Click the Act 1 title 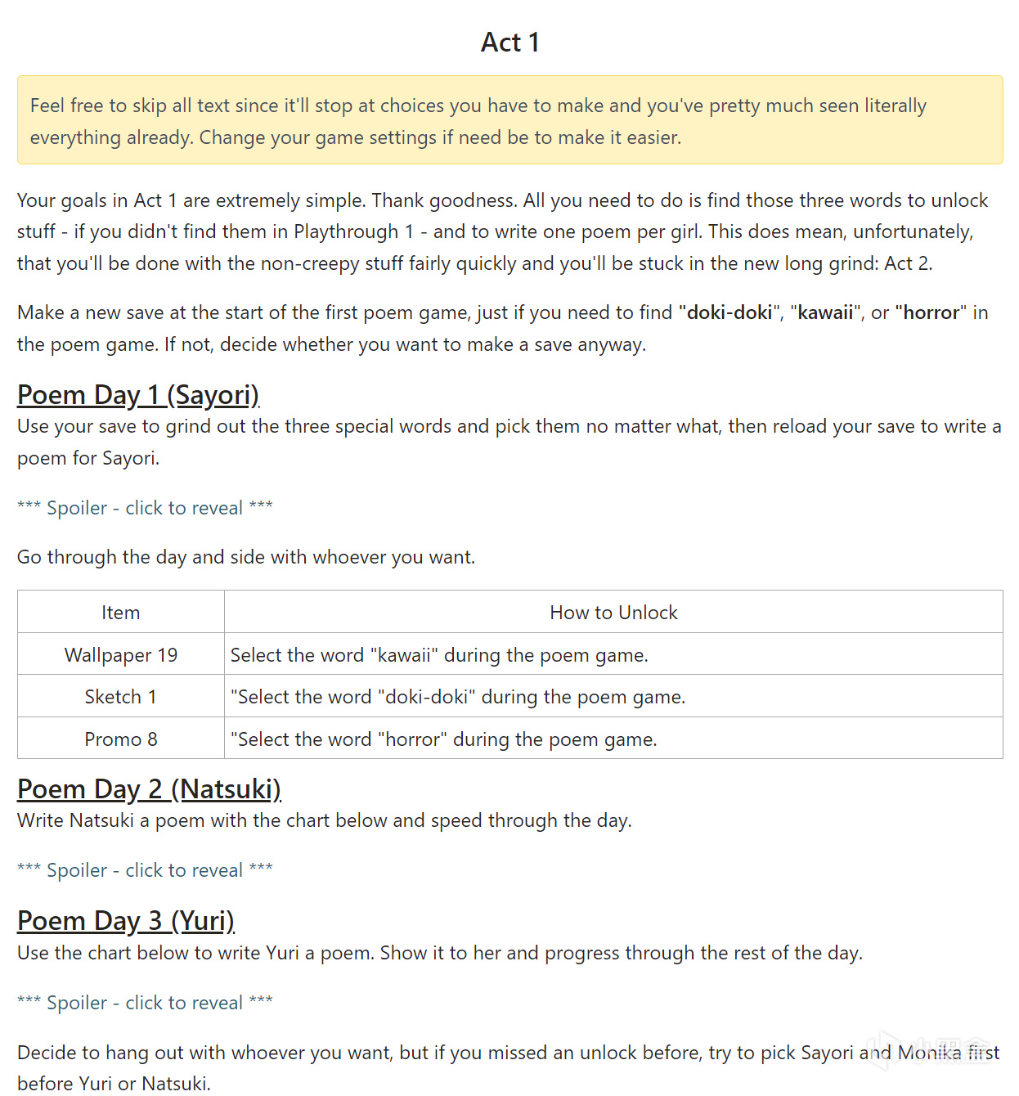tap(509, 43)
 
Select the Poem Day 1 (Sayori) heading tap(137, 395)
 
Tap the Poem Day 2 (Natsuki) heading tap(149, 789)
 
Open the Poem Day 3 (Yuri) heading tap(125, 921)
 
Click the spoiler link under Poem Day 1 tap(145, 508)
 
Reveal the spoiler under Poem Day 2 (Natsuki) tap(145, 870)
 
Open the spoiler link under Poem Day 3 tap(145, 1003)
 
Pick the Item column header tap(120, 613)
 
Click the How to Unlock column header tap(613, 613)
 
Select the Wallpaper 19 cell tap(120, 655)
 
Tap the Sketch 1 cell tap(120, 697)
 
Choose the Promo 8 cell tap(120, 739)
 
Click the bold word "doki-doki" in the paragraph tap(729, 312)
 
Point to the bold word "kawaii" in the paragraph tap(825, 312)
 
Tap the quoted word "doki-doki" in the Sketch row tap(426, 697)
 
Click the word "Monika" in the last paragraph tap(929, 1053)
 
